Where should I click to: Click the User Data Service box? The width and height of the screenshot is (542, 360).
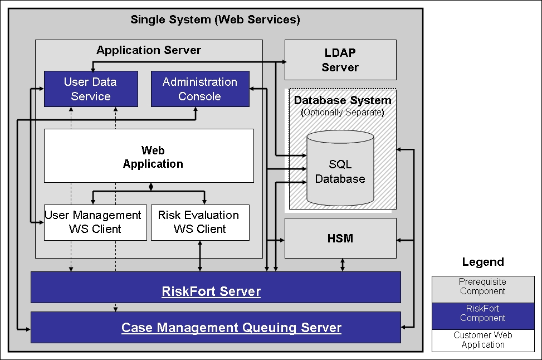[x=91, y=89]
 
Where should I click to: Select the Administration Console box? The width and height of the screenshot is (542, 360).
[x=200, y=89]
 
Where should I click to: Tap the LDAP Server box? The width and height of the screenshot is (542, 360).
[x=340, y=60]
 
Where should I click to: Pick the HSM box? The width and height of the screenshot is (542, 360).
[x=340, y=239]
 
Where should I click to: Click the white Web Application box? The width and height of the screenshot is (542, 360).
[x=149, y=157]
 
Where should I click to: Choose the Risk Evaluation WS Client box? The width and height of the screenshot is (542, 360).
[x=200, y=222]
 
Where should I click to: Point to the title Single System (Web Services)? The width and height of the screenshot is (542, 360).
[x=215, y=20]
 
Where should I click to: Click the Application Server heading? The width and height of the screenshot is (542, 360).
[x=149, y=50]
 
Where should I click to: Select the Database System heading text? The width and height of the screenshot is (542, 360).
[x=343, y=101]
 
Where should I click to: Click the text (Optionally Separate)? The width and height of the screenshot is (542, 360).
[x=343, y=112]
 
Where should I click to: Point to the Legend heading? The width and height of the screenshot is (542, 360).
[x=483, y=262]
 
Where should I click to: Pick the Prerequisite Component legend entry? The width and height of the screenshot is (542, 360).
[x=483, y=286]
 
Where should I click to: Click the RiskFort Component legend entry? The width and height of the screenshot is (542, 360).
[x=483, y=313]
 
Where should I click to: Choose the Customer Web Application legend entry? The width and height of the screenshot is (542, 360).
[x=483, y=340]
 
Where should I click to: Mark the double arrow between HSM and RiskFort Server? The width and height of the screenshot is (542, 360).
[x=343, y=265]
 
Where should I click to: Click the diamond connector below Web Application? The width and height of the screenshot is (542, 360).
[x=150, y=186]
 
